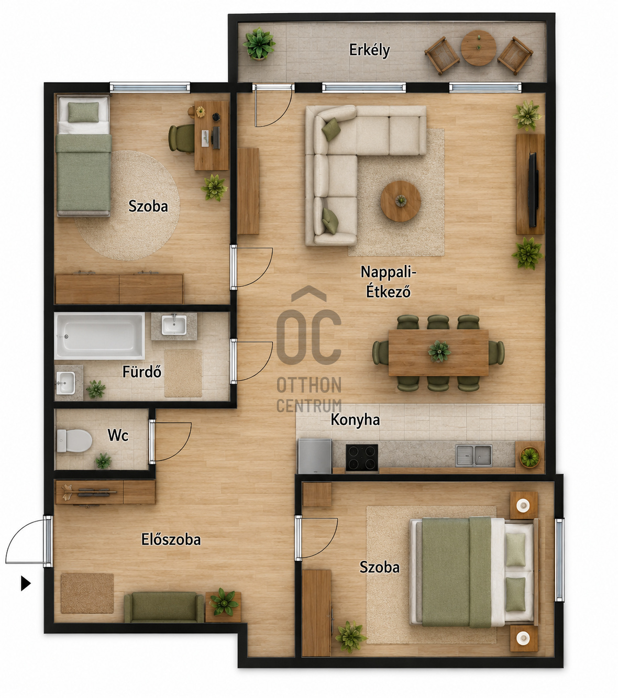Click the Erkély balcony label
click(369, 50)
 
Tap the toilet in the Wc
click(74, 441)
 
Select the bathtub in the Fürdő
click(100, 336)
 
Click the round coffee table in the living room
click(400, 201)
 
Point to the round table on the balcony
click(478, 48)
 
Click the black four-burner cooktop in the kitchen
click(361, 458)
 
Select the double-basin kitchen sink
click(473, 456)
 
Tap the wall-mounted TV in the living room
click(533, 190)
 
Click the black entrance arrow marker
click(26, 583)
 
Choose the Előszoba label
click(171, 539)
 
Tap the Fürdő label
click(141, 372)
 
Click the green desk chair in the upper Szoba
click(181, 138)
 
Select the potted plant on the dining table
click(439, 351)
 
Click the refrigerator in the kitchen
click(315, 456)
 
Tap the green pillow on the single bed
click(83, 112)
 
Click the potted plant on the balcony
click(259, 44)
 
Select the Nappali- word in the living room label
click(389, 272)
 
